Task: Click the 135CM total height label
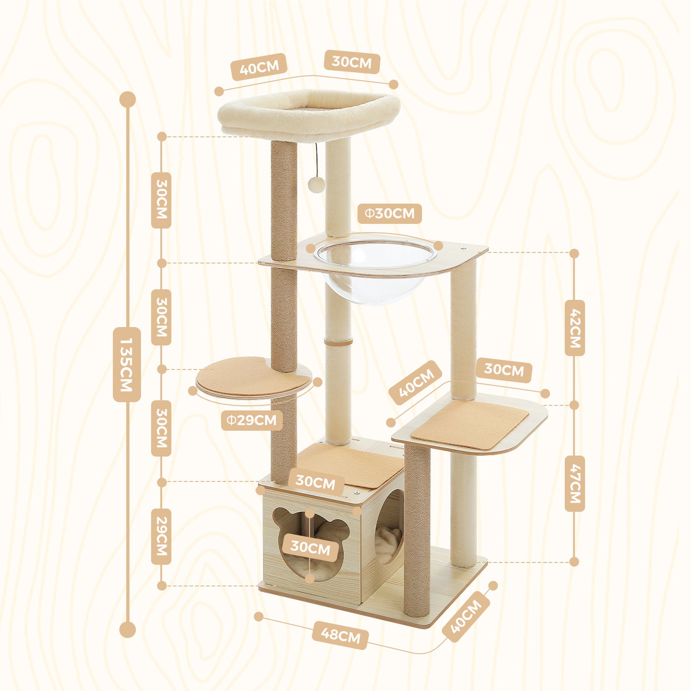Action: click(127, 364)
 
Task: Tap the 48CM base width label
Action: click(340, 636)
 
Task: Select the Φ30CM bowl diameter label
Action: click(389, 213)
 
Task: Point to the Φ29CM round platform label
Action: click(252, 420)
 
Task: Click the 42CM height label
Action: click(574, 328)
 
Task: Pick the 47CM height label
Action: click(574, 483)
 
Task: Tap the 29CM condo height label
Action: click(161, 536)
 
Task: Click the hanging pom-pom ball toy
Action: click(316, 184)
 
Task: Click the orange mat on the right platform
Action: click(470, 424)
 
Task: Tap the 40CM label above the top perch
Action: click(259, 67)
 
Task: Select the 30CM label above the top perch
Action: click(352, 62)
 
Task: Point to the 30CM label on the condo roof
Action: click(315, 482)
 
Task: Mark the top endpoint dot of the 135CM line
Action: click(128, 99)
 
